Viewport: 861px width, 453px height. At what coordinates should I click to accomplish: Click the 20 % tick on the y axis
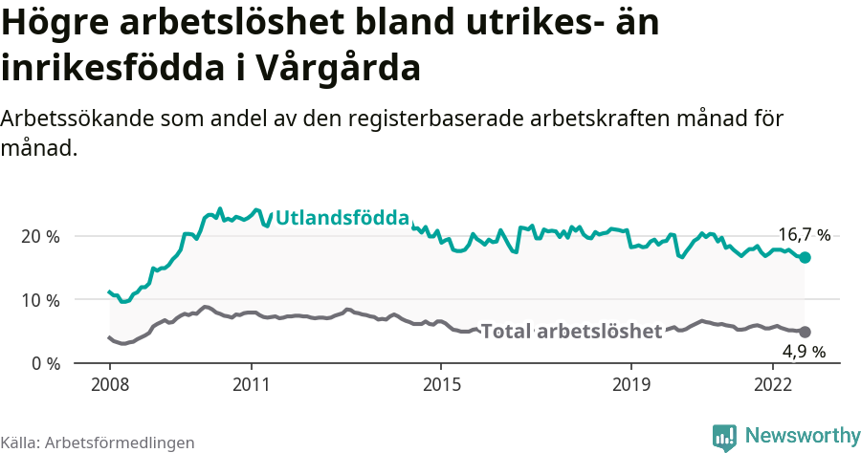pos(40,236)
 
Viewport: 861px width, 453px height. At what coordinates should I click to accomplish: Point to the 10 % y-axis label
pos(40,300)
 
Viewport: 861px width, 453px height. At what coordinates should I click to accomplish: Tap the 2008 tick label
pos(109,384)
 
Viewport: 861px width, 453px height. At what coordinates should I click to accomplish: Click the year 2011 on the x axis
pos(251,384)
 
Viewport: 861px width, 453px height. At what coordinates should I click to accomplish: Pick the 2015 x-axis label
pos(440,384)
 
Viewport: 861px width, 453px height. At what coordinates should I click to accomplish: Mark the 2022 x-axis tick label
pos(772,384)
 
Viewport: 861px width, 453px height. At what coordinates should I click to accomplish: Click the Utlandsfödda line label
pos(342,219)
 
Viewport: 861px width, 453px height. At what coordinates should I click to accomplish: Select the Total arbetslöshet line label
pos(571,332)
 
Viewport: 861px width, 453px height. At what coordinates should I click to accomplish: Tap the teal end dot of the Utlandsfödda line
pos(806,257)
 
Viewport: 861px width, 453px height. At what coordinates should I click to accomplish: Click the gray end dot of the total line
pos(806,332)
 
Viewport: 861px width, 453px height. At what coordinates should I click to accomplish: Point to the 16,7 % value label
pos(804,234)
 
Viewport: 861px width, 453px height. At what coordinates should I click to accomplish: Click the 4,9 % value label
pos(804,352)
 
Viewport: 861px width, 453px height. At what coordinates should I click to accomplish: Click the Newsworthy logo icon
pos(725,436)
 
